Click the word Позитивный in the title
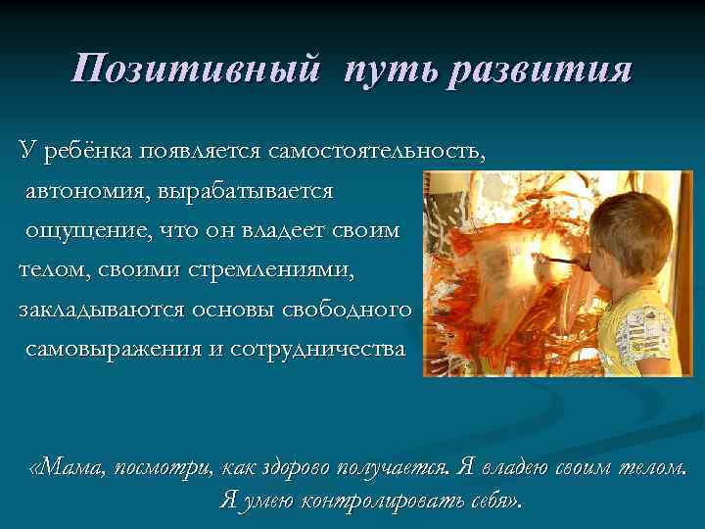click(x=196, y=70)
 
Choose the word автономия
click(x=86, y=192)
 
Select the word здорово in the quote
click(x=297, y=465)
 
